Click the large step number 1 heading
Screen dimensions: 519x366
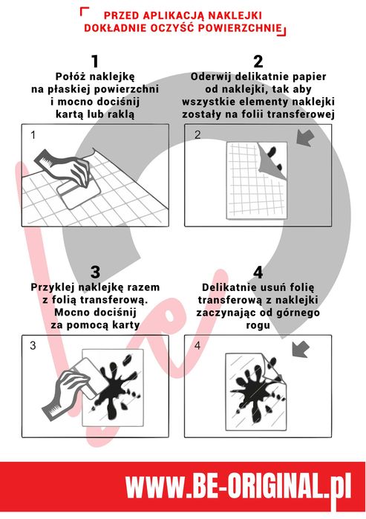point(95,61)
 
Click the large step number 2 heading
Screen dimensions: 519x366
point(258,61)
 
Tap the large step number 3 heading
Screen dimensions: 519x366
point(95,271)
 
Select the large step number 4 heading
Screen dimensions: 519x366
point(258,271)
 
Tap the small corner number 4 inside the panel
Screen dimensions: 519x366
point(197,346)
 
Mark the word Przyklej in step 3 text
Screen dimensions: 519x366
point(53,287)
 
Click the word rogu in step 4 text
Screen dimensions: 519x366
point(258,324)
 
